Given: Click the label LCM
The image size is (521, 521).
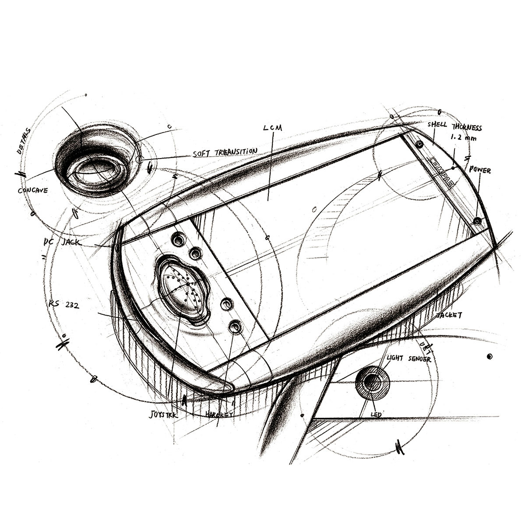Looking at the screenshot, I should pyautogui.click(x=273, y=128).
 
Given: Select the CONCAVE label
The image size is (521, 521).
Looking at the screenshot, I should pyautogui.click(x=33, y=190).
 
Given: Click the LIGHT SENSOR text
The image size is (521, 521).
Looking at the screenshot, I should pyautogui.click(x=408, y=359).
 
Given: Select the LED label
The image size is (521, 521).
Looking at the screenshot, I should pyautogui.click(x=376, y=414).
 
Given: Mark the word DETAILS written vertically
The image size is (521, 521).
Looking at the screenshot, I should pyautogui.click(x=23, y=141).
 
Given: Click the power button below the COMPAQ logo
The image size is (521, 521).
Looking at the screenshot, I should pyautogui.click(x=477, y=220).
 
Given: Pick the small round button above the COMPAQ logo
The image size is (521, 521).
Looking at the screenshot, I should pyautogui.click(x=419, y=144).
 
